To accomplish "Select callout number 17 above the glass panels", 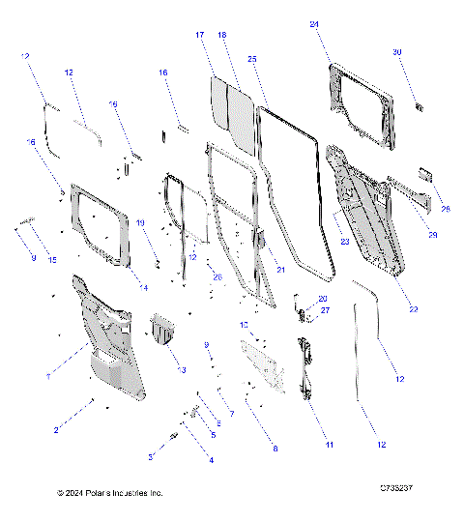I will coord(199,35).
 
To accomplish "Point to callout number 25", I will coord(251,59).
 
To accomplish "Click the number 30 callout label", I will coord(397,51).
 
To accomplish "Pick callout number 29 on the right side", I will coord(432,235).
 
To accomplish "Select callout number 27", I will coord(326,310).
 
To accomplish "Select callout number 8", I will coord(275,449).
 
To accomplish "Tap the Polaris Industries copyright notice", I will coord(110,493).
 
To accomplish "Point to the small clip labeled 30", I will coord(418,104).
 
